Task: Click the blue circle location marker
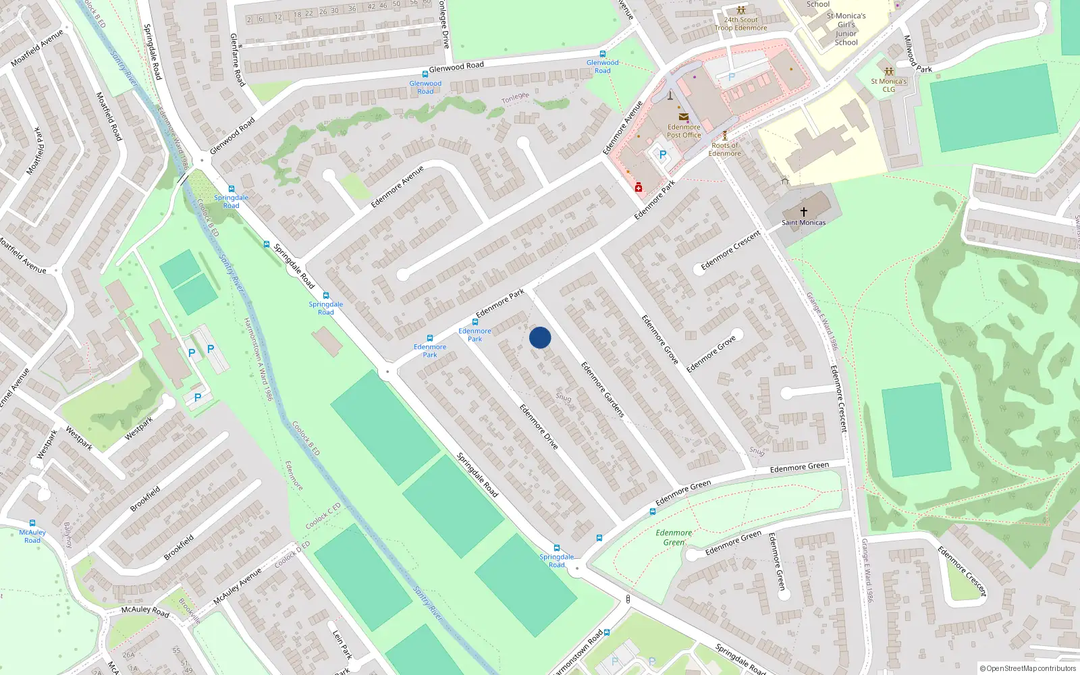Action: (540, 337)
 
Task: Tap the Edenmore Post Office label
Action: (684, 131)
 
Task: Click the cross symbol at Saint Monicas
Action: (804, 212)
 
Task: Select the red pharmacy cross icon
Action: (639, 188)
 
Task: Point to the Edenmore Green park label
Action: (674, 537)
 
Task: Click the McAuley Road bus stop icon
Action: (32, 523)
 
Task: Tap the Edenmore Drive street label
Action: (539, 427)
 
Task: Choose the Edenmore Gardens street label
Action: (603, 389)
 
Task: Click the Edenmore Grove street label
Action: (659, 339)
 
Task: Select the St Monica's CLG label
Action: (889, 85)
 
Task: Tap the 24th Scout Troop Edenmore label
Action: (741, 24)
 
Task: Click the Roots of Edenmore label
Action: (725, 149)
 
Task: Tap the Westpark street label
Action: (79, 438)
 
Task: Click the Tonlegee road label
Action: (515, 99)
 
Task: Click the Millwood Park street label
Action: (917, 54)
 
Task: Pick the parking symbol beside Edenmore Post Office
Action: (663, 155)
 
